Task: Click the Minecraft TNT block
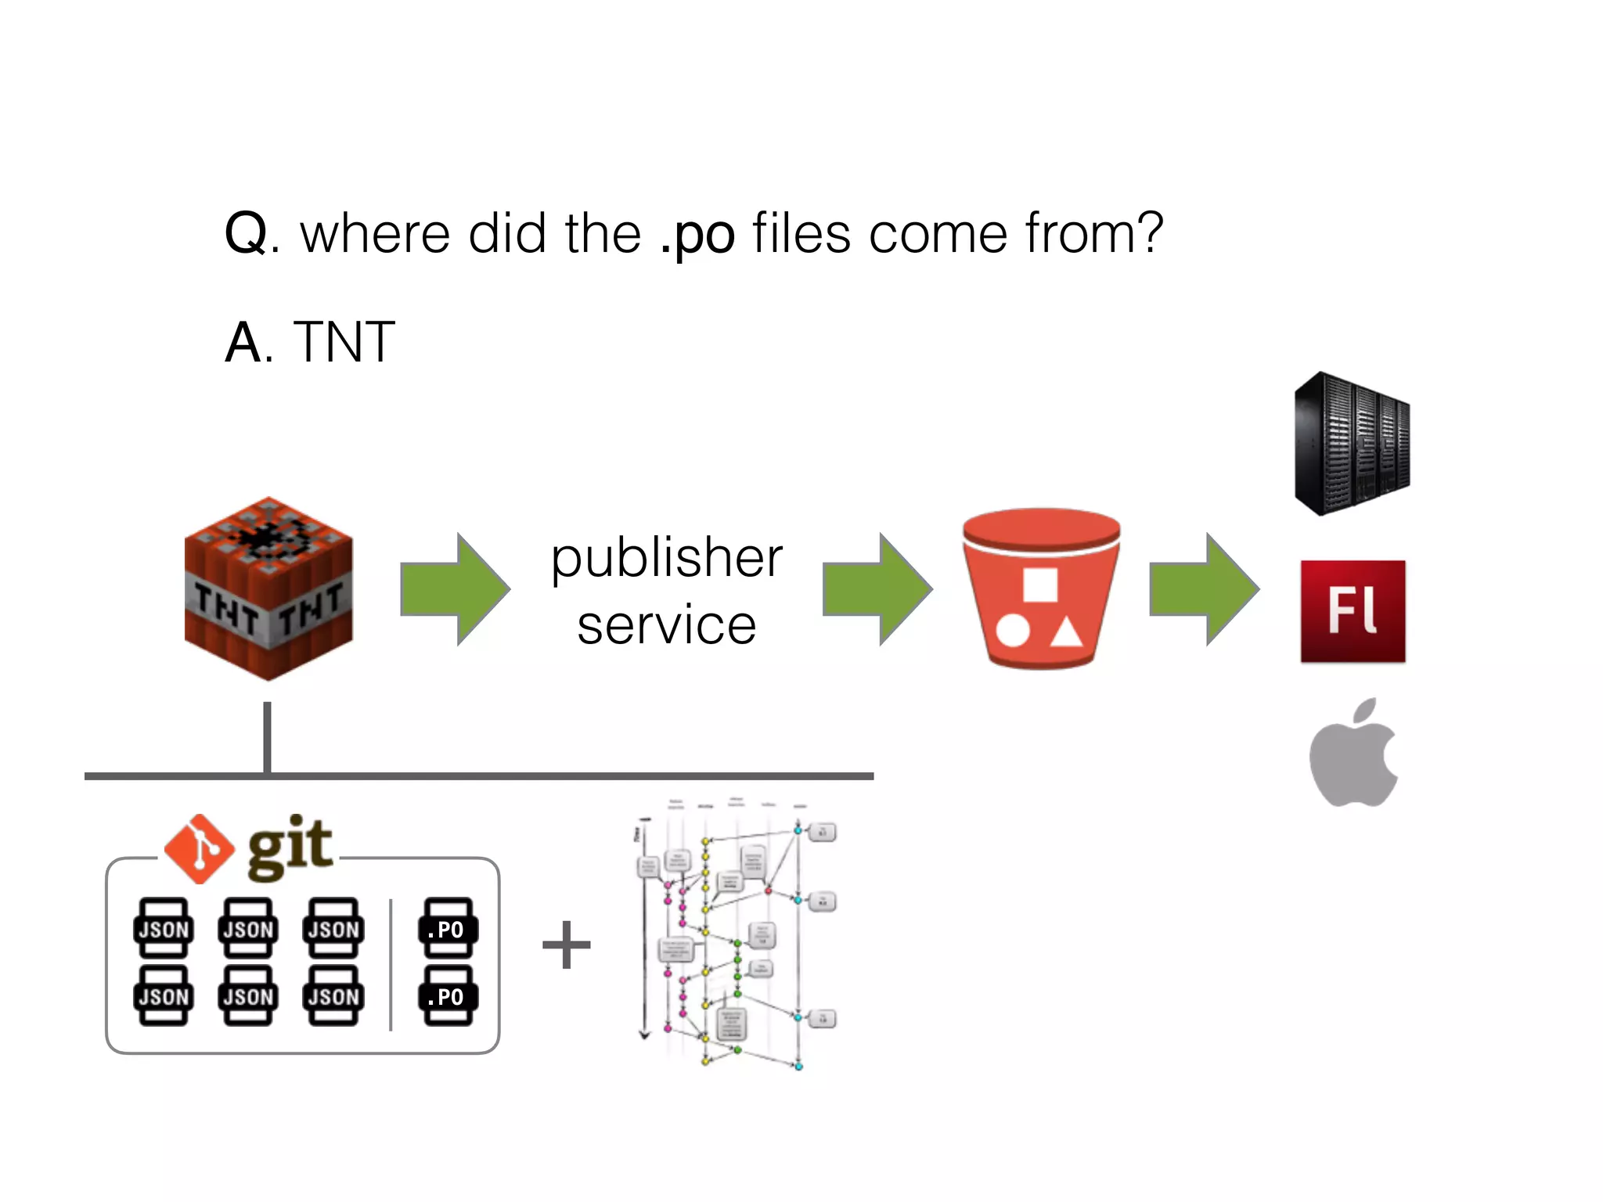(268, 588)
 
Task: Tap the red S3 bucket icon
(1040, 588)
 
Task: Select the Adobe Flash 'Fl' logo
(1353, 611)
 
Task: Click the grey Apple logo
(1353, 753)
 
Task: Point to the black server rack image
(1352, 443)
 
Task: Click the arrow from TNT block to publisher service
(455, 588)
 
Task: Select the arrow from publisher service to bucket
(877, 588)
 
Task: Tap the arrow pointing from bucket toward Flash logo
(1204, 588)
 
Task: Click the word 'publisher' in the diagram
(667, 558)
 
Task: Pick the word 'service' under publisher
(667, 625)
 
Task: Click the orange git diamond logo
(199, 848)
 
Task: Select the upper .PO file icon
(448, 928)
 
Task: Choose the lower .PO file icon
(448, 995)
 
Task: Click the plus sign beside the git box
(566, 944)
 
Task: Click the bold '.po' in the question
(697, 234)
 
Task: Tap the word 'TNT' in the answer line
(344, 343)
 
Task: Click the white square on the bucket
(1040, 584)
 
